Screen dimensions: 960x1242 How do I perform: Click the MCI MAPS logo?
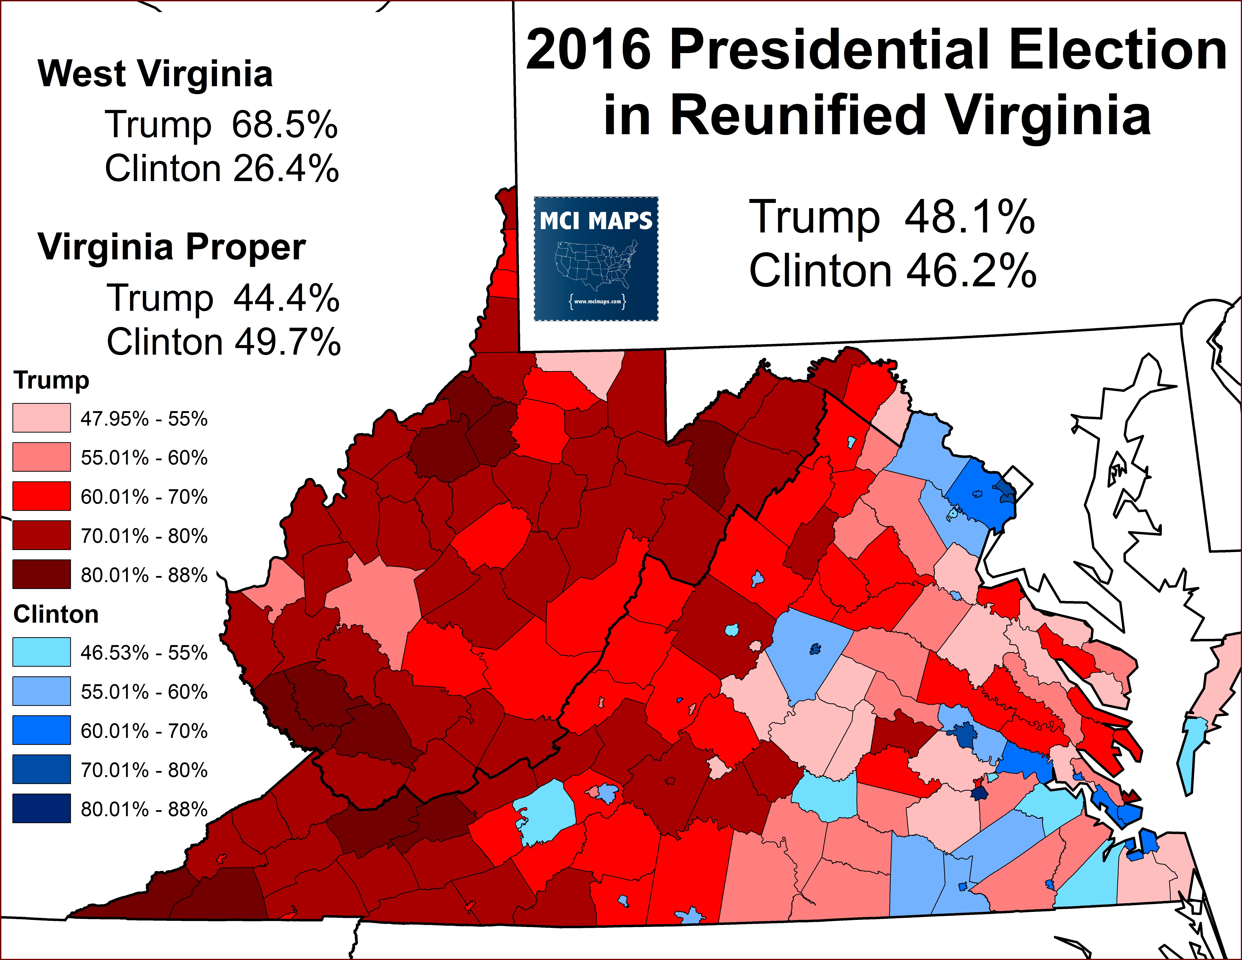tap(596, 259)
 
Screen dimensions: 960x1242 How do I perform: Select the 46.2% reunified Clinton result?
tap(971, 271)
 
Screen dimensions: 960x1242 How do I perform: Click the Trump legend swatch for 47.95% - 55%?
tap(42, 418)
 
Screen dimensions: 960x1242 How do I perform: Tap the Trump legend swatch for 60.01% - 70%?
tap(42, 496)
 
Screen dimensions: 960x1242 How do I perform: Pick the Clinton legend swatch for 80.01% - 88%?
tap(42, 808)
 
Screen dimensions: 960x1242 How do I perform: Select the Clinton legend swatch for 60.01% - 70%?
tap(42, 730)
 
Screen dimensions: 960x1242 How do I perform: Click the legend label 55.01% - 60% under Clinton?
tap(144, 692)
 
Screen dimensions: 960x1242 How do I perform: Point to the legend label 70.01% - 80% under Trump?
tap(144, 536)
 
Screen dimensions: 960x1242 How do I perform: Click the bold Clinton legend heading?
tap(56, 614)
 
